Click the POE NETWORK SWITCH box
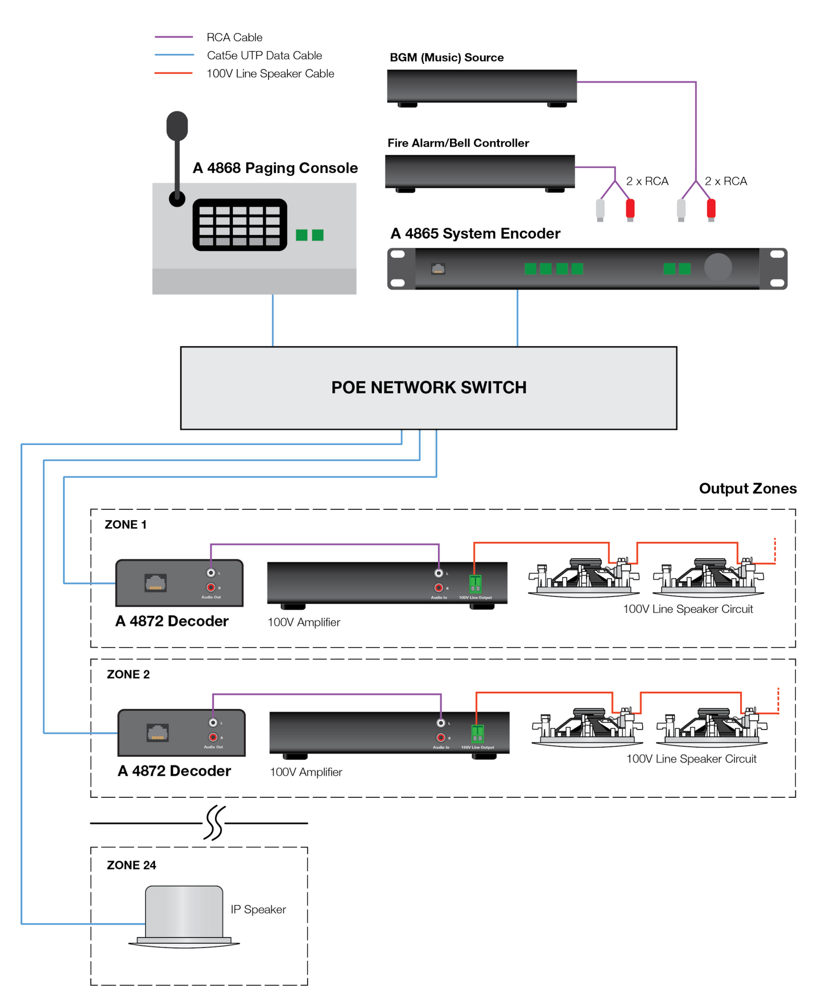coord(428,388)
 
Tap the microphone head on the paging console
coord(177,126)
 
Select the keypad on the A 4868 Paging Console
coord(239,225)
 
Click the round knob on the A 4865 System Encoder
coord(718,267)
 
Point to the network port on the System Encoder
coord(438,269)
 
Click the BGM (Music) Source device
coord(482,87)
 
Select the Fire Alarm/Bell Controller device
coord(480,171)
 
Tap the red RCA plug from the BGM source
coord(711,209)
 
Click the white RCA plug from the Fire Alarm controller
coord(600,209)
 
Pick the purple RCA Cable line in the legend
coord(174,38)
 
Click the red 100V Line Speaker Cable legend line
coord(174,73)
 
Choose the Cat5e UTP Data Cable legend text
coord(265,56)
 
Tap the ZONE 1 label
coord(125,525)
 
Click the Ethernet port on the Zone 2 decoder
coord(158,732)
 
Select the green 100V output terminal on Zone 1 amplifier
coord(476,584)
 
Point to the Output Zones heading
coord(747,489)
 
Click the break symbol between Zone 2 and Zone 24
coord(214,823)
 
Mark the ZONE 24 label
coord(131,865)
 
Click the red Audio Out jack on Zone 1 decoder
coord(211,587)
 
